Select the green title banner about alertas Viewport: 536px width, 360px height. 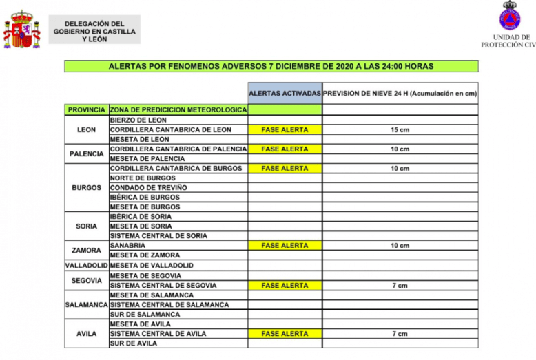(271, 67)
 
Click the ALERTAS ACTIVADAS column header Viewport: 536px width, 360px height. (285, 93)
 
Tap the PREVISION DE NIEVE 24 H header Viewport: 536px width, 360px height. (400, 93)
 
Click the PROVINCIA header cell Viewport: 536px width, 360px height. (87, 109)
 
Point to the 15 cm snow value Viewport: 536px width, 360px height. (400, 129)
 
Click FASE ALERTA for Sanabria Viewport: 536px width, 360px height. (285, 246)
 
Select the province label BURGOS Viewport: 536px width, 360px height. (87, 187)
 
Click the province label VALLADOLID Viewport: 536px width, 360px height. (87, 265)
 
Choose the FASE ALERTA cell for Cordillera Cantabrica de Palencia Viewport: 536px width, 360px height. (285, 149)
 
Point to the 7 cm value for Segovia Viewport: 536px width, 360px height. (400, 285)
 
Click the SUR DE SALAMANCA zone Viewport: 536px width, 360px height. (145, 315)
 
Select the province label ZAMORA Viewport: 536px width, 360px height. (87, 251)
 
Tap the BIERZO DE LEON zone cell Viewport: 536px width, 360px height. (138, 120)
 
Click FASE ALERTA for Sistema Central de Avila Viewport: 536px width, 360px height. (285, 334)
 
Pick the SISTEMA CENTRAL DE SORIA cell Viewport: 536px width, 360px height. (158, 236)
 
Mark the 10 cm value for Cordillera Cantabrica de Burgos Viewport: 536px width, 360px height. (400, 169)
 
